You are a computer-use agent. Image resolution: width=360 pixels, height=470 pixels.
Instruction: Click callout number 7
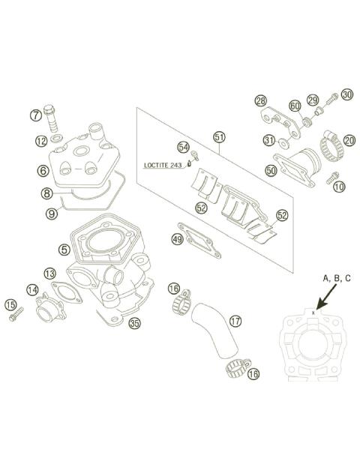[x=35, y=115]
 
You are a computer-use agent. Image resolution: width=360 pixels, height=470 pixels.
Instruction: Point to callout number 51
[x=219, y=137]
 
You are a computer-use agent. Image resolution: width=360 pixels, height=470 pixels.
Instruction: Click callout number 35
[x=134, y=324]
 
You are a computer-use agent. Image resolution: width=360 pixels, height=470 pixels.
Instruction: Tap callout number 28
[x=260, y=100]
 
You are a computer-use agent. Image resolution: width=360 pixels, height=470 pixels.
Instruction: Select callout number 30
[x=346, y=94]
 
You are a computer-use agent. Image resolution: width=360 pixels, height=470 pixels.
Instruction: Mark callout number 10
[x=339, y=185]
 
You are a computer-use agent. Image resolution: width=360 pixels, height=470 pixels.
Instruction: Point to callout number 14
[x=32, y=289]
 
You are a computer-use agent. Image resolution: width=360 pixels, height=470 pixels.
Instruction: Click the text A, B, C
[x=337, y=278]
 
